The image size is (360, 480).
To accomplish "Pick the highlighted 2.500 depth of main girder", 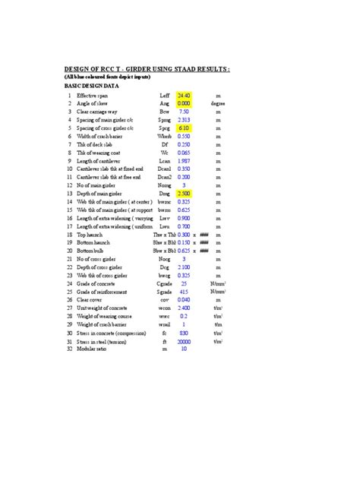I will [184, 194].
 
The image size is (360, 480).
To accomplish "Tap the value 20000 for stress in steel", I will [184, 342].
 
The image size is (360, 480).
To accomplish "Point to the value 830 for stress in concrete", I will [184, 333].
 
